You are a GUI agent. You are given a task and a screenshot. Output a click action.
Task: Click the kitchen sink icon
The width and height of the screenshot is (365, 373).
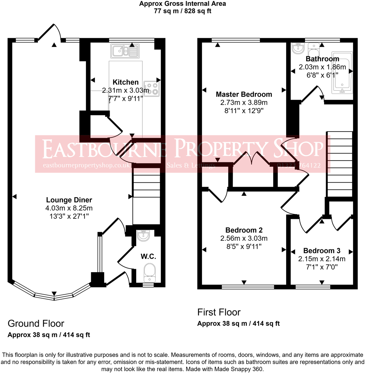pyautogui.click(x=125, y=51)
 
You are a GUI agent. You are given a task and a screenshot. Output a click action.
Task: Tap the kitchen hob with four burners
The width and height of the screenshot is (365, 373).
pyautogui.click(x=152, y=89)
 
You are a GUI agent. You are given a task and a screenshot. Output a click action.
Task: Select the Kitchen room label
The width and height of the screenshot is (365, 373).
pyautogui.click(x=126, y=82)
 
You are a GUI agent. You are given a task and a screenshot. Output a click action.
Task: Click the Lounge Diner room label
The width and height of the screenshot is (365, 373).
pyautogui.click(x=69, y=200)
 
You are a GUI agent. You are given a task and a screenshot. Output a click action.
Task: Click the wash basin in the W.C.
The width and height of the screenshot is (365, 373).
pyautogui.click(x=143, y=236)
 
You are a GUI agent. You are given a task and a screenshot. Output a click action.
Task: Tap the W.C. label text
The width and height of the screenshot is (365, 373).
pyautogui.click(x=148, y=256)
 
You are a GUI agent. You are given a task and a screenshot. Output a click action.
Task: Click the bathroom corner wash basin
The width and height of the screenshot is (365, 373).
pyautogui.click(x=298, y=48)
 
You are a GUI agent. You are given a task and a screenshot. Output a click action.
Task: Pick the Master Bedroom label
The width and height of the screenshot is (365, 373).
pyautogui.click(x=244, y=94)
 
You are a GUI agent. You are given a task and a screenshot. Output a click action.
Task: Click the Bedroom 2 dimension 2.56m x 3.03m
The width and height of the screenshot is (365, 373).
pyautogui.click(x=244, y=238)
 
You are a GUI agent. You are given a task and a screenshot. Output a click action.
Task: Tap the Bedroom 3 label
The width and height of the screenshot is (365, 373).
pyautogui.click(x=322, y=251)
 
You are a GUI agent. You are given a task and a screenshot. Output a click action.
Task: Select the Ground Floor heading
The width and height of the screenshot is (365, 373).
pyautogui.click(x=36, y=323)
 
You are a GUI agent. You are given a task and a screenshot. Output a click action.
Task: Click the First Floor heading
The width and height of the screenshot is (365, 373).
pyautogui.click(x=219, y=312)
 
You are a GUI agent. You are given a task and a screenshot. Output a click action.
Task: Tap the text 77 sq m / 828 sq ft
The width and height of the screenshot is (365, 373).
pyautogui.click(x=183, y=11)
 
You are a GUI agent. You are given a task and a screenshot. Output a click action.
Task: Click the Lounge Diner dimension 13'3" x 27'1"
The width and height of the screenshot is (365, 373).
pyautogui.click(x=69, y=216)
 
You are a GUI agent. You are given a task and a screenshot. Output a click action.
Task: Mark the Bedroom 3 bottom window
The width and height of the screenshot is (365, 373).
pyautogui.click(x=313, y=287)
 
